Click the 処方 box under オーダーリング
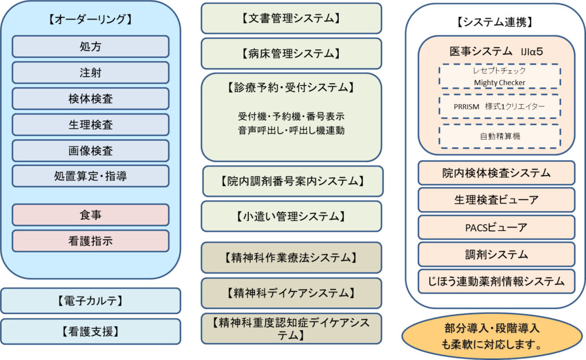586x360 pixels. click(x=90, y=47)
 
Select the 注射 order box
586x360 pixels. click(x=90, y=73)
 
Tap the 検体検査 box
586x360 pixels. click(x=90, y=98)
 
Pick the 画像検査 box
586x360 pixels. click(x=90, y=151)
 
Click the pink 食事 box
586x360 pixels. click(x=90, y=215)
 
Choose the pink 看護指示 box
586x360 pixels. click(x=90, y=241)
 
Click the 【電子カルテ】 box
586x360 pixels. click(x=90, y=300)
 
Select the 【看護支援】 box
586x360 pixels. click(x=90, y=331)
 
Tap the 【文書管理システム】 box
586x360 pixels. click(x=291, y=18)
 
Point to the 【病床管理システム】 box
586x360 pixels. click(x=291, y=53)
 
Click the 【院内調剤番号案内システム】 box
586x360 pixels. click(x=293, y=181)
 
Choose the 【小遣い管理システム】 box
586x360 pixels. click(x=291, y=216)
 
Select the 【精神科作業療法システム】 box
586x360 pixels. click(x=291, y=258)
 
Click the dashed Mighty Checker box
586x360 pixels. click(x=500, y=76)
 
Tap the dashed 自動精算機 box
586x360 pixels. click(x=500, y=136)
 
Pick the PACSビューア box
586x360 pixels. click(x=496, y=227)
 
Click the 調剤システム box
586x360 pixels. click(x=496, y=255)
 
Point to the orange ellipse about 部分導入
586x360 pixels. click(x=492, y=337)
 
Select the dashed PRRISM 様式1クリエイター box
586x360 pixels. click(x=500, y=106)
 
